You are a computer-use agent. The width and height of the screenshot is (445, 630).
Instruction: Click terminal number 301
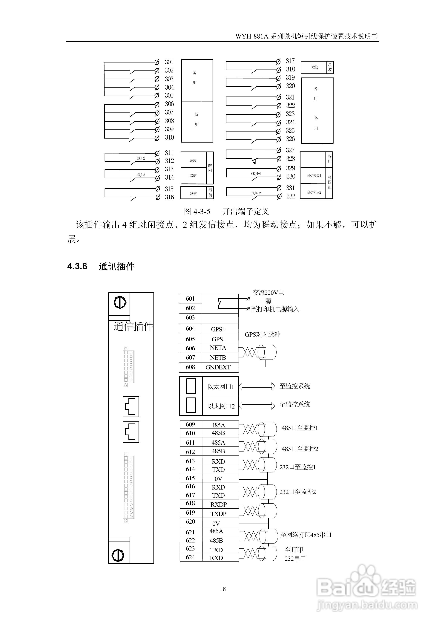[x=169, y=62]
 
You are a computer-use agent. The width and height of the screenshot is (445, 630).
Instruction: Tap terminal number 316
[x=169, y=197]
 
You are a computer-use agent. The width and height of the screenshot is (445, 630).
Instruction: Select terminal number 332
[x=291, y=196]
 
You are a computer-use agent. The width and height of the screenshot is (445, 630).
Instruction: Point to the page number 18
[x=222, y=588]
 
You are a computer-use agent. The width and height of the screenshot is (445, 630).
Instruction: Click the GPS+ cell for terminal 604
[x=218, y=329]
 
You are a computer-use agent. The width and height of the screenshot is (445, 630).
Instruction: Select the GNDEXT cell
[x=218, y=367]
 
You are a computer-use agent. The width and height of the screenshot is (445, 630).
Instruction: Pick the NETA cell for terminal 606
[x=218, y=348]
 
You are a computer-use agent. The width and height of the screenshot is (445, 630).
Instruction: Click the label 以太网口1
[x=221, y=387]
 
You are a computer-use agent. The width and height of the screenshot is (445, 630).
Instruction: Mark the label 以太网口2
[x=221, y=406]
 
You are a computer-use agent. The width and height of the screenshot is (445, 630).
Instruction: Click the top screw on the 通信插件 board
[x=120, y=303]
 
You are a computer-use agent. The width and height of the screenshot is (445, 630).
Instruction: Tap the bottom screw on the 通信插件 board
[x=118, y=555]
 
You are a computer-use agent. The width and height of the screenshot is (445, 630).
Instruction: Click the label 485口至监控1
[x=300, y=428]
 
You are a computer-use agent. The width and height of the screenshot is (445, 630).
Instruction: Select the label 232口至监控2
[x=297, y=492]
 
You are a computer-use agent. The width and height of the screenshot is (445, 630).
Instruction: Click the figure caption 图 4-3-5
[x=197, y=212]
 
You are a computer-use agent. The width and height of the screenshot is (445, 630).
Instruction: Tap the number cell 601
[x=190, y=299]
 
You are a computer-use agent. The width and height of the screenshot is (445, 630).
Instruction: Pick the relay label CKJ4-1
[x=256, y=174]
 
